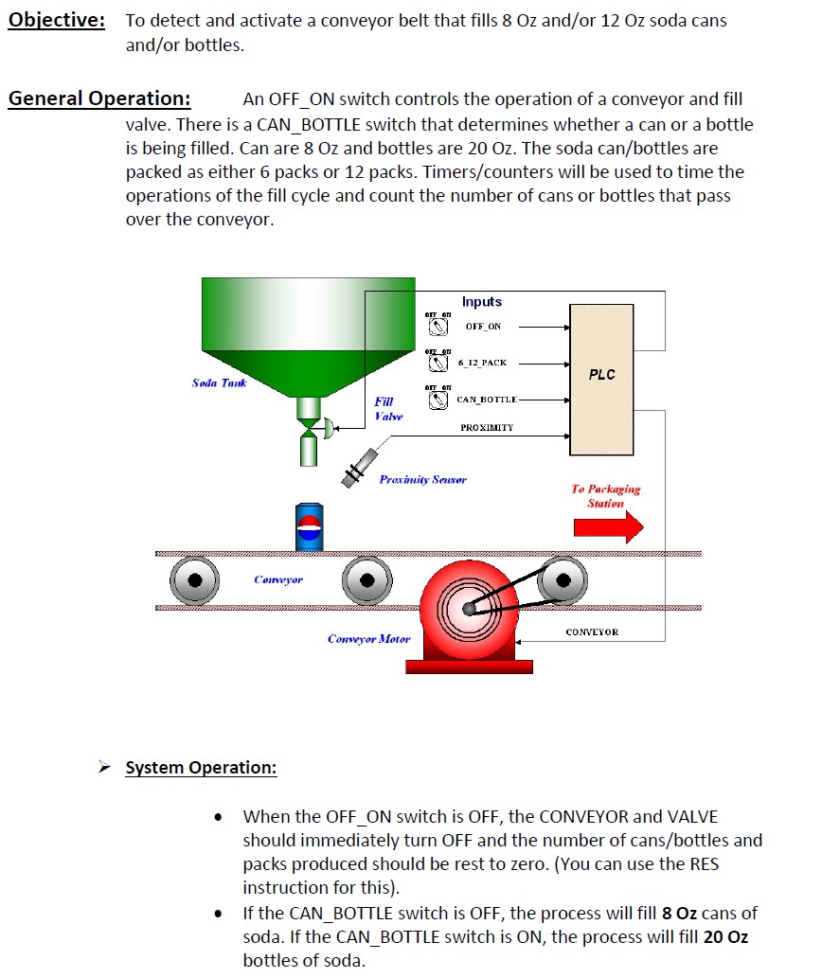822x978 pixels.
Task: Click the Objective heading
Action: (x=57, y=21)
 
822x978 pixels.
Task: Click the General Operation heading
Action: (x=99, y=99)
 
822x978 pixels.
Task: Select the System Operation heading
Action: (x=201, y=767)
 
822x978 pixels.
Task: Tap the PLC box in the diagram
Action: (x=602, y=375)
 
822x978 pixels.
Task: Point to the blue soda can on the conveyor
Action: (x=310, y=525)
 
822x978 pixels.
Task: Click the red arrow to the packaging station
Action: (x=608, y=525)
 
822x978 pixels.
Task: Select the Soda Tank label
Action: (x=219, y=382)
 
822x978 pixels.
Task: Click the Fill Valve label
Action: (x=387, y=409)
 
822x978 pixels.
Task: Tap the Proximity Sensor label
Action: (x=422, y=480)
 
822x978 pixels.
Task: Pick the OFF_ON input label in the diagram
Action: (x=483, y=327)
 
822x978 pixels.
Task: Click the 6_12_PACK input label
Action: (x=482, y=363)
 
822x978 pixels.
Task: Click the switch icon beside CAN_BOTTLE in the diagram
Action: (x=438, y=400)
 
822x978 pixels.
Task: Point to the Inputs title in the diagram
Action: (x=482, y=302)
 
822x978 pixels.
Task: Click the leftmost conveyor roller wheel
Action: (x=195, y=580)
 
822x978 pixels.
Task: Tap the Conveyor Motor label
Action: (x=368, y=639)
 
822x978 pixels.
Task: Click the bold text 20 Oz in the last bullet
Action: (x=725, y=937)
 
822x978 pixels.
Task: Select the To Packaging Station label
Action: (x=605, y=496)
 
